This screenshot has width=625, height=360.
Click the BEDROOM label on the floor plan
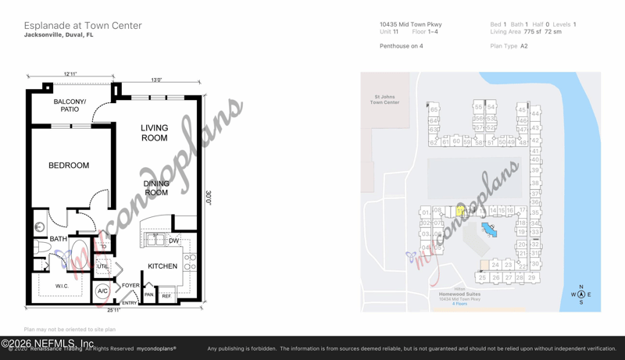(69, 166)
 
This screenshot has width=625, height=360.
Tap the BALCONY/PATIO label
(70, 105)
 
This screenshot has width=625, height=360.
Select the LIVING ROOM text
(154, 133)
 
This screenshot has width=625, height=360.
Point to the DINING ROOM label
(156, 188)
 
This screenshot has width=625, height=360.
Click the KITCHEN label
(162, 266)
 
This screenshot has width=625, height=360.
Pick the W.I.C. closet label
(62, 287)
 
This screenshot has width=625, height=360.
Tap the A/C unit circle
(102, 291)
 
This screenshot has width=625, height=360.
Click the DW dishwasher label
(173, 241)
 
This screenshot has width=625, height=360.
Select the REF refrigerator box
(166, 296)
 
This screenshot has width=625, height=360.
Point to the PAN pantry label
(148, 295)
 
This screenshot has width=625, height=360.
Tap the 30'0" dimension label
(209, 198)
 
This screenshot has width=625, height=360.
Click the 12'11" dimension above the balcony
(70, 74)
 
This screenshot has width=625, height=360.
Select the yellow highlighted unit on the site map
(460, 211)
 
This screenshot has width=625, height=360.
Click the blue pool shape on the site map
(489, 230)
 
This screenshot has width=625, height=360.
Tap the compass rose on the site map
(581, 294)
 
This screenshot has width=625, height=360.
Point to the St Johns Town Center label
(384, 100)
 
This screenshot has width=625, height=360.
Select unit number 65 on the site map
(434, 110)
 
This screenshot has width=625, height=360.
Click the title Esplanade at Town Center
(83, 26)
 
